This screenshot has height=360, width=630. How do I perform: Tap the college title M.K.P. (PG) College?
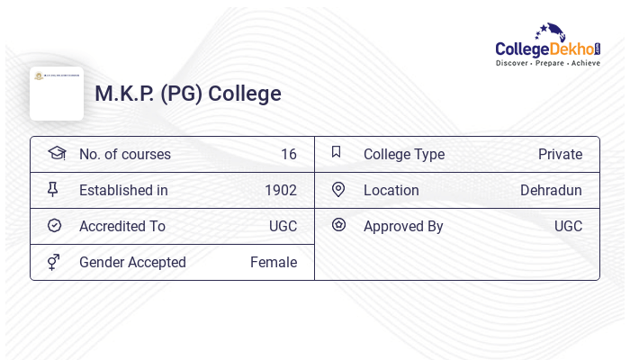coord(188,94)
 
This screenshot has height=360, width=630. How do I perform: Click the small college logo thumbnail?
coord(57,93)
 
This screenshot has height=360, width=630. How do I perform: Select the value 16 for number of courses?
coord(288,154)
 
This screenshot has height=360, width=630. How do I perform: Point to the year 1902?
coord(280,190)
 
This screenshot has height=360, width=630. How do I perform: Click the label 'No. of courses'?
coord(124,154)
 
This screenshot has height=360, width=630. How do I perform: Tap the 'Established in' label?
coord(123,190)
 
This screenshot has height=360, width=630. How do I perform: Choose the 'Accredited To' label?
coord(122,226)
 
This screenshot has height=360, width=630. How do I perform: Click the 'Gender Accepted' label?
coord(132,262)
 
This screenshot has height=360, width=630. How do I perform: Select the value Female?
coord(273,262)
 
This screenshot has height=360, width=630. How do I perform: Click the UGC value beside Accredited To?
coord(283,226)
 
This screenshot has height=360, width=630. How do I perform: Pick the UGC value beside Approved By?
coord(568,226)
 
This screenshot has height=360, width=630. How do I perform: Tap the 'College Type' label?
coord(403,154)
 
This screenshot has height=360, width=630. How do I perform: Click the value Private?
coord(560,154)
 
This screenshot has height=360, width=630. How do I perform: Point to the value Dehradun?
coord(551,190)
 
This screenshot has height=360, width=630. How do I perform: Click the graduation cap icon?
coord(57,153)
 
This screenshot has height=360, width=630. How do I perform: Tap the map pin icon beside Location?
coord(338,189)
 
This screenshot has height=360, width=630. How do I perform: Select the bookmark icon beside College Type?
coord(337,152)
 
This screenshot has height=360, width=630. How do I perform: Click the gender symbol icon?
coord(54,262)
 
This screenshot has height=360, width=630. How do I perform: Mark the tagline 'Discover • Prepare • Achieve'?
coord(547,63)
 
